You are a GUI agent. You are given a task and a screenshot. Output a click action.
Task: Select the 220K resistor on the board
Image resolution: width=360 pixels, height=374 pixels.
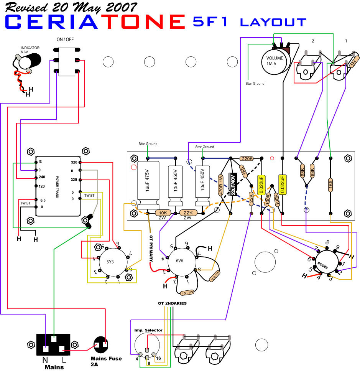click(247, 158)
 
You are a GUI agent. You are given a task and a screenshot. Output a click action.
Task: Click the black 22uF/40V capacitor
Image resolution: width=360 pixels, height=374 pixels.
click(232, 185)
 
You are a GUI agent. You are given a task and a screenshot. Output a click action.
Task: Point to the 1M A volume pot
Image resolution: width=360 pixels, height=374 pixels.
click(275, 60)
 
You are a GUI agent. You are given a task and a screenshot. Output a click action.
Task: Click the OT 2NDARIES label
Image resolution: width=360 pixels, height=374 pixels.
click(172, 303)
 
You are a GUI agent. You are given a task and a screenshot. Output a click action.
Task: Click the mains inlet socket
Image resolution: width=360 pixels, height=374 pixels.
click(53, 345)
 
